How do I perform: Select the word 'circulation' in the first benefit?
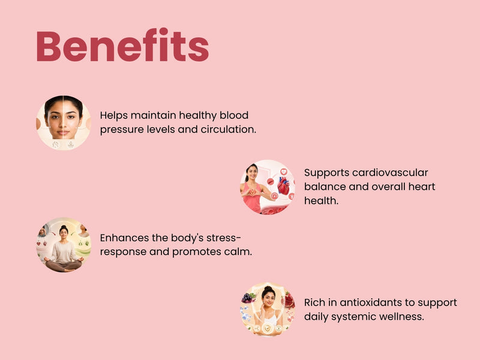(x=227, y=129)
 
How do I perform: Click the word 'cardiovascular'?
(x=390, y=172)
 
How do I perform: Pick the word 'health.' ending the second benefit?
(x=321, y=200)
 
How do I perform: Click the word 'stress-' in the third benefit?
(x=223, y=238)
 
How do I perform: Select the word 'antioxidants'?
(x=370, y=302)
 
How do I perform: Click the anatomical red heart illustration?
(x=283, y=185)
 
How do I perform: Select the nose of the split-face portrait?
(x=63, y=124)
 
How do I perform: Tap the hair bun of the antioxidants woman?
(x=268, y=289)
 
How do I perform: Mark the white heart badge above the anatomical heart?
(x=284, y=172)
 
